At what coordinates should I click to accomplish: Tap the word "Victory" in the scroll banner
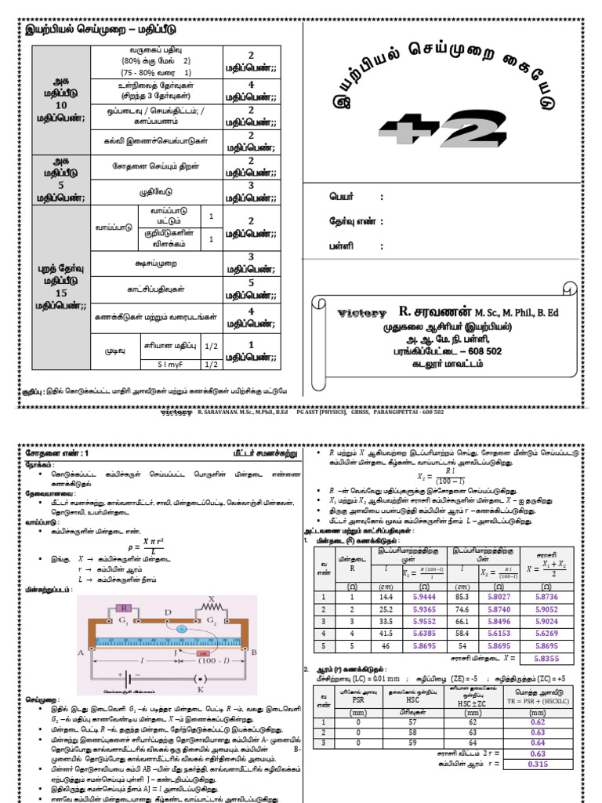click(x=362, y=312)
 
